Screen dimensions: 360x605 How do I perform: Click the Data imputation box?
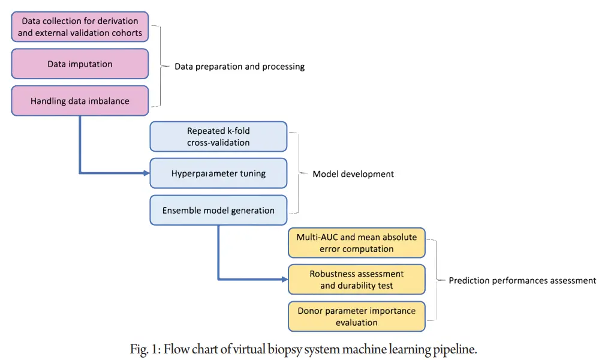point(80,64)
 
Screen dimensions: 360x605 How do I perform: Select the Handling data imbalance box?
point(80,101)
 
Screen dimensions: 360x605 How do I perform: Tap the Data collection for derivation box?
point(80,27)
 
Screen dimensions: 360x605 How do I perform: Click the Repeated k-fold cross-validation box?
point(218,137)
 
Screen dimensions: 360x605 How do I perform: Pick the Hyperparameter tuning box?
point(218,174)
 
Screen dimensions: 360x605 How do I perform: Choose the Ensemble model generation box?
point(218,211)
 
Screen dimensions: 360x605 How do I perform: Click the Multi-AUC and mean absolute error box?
point(357,242)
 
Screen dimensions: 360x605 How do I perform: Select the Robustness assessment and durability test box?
point(357,280)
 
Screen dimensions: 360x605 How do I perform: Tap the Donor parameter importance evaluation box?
point(357,316)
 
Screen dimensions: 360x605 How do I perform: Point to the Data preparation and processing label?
point(239,67)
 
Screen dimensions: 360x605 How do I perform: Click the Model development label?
point(353,174)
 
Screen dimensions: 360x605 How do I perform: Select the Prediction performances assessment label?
point(522,280)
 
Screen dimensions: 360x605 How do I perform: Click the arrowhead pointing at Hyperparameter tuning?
point(146,173)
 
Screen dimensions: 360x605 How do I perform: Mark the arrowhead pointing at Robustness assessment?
point(284,279)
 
